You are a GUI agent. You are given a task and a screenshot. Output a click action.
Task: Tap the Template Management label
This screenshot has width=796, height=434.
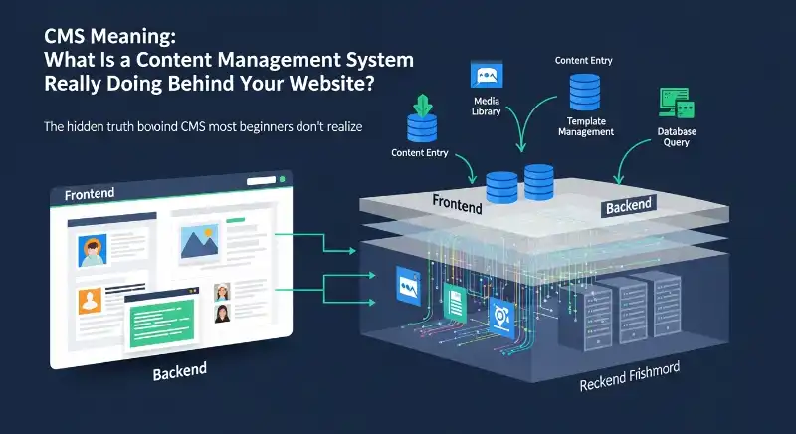585,126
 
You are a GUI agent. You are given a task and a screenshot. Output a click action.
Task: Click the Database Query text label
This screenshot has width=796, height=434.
676,136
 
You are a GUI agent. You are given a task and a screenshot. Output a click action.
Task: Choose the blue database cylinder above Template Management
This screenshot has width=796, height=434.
584,92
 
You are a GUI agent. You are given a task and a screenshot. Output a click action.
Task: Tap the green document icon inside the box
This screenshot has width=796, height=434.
457,299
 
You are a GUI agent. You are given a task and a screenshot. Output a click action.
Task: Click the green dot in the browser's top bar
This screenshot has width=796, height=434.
283,180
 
